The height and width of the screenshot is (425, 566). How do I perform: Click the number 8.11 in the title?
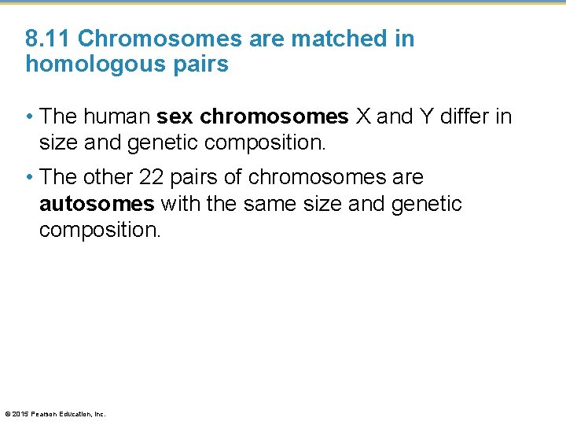pyautogui.click(x=49, y=39)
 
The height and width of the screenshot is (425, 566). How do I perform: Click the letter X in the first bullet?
pyautogui.click(x=363, y=117)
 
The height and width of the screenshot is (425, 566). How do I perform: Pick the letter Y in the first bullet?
pyautogui.click(x=430, y=117)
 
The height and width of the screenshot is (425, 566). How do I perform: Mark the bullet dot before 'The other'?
pyautogui.click(x=29, y=177)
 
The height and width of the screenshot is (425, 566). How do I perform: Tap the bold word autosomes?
pyautogui.click(x=97, y=205)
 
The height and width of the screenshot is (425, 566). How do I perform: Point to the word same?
pyautogui.click(x=268, y=205)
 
